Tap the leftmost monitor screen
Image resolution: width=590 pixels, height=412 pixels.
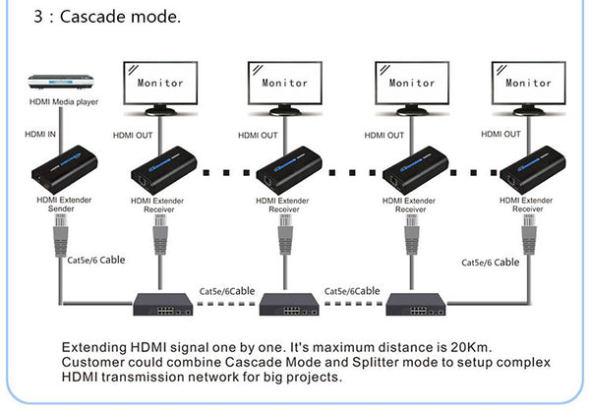pyautogui.click(x=160, y=85)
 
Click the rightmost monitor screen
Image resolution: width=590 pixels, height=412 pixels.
pyautogui.click(x=528, y=85)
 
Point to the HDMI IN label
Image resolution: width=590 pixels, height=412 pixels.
pyautogui.click(x=39, y=134)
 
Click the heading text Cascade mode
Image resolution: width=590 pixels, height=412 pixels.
pyautogui.click(x=119, y=19)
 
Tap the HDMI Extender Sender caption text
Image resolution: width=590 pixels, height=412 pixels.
pyautogui.click(x=57, y=204)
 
